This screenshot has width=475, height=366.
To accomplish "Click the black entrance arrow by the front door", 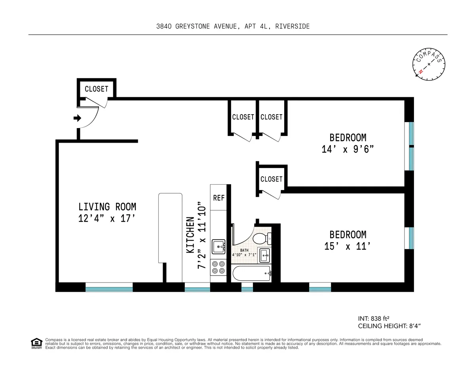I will tap(78, 118).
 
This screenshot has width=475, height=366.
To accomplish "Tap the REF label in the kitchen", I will tap(219, 198).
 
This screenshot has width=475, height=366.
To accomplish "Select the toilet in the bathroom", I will tap(261, 238).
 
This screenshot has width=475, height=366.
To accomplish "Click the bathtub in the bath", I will tap(252, 273).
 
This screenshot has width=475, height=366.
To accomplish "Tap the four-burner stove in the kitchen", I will tap(218, 267).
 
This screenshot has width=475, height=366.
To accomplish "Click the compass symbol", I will tap(429, 64).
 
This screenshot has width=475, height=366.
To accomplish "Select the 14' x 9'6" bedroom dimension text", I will tap(348, 150).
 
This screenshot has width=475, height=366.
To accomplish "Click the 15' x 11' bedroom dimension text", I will tap(348, 246).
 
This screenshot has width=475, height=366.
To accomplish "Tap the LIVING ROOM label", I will tap(107, 206).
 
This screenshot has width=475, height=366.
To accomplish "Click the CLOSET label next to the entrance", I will tap(96, 89).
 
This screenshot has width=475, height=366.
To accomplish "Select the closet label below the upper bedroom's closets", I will tap(272, 179).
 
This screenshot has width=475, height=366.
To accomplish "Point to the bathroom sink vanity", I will tap(264, 255).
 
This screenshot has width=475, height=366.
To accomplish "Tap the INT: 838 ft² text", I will tap(374, 319).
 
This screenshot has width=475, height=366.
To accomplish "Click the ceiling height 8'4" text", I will tap(388, 326).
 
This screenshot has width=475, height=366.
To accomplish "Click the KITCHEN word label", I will tap(190, 235).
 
